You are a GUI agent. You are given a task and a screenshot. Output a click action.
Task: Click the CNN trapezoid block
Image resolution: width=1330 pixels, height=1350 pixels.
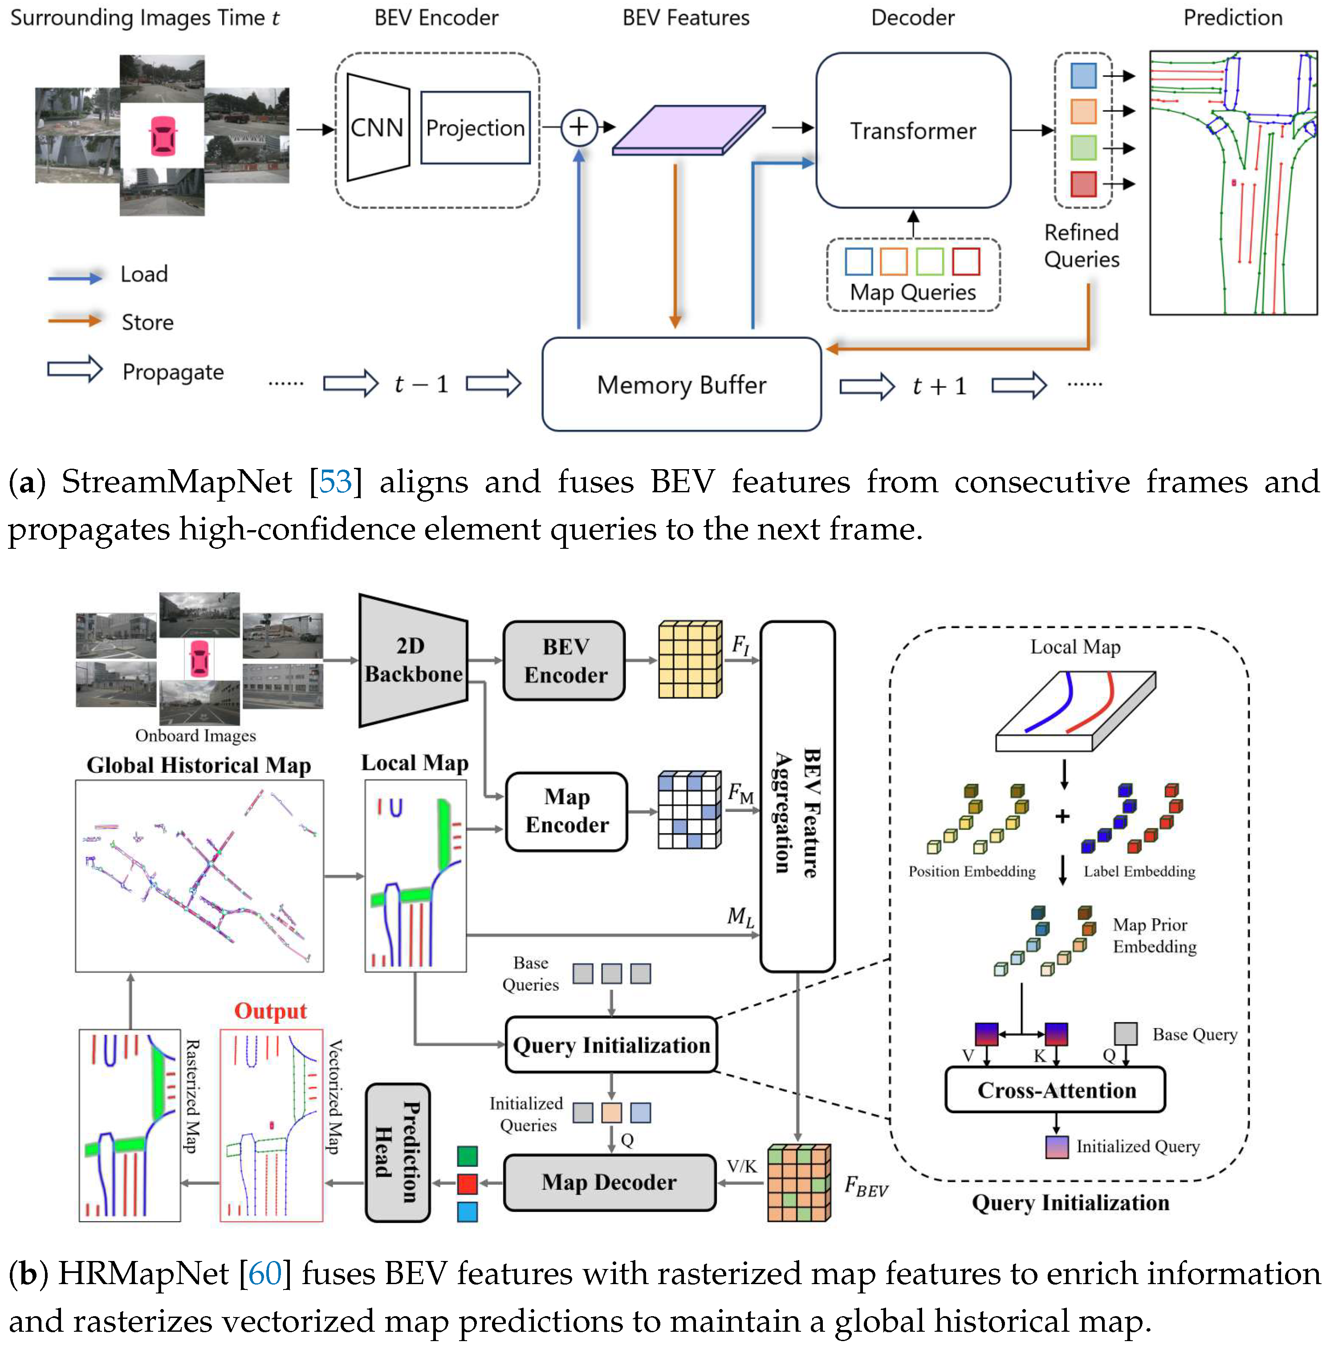[x=377, y=128]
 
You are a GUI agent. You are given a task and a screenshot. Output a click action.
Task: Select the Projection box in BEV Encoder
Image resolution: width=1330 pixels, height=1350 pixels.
[x=475, y=128]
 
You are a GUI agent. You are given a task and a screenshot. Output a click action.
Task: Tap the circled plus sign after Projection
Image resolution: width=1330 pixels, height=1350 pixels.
[x=578, y=127]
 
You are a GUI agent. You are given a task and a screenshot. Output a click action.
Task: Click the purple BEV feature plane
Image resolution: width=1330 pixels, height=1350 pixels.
[x=688, y=129]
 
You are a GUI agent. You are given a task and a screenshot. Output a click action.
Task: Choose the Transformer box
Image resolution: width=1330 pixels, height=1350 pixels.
[x=912, y=130]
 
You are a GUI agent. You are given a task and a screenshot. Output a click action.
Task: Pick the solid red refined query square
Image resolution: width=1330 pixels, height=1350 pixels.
[x=1083, y=184]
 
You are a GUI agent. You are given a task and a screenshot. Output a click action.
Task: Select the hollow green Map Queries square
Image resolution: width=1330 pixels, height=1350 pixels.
[x=930, y=261]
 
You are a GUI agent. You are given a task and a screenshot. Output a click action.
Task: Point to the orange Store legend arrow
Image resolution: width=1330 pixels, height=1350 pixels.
[x=75, y=321]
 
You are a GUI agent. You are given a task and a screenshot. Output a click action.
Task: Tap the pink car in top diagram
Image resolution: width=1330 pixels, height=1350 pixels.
[x=162, y=135]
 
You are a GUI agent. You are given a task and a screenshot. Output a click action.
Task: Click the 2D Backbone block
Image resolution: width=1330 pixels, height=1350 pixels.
[x=412, y=660]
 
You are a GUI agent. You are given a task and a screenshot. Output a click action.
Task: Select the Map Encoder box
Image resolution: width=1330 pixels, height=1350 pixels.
[x=566, y=811]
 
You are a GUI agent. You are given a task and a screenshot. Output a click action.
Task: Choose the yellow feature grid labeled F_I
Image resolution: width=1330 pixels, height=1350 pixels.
[x=689, y=659]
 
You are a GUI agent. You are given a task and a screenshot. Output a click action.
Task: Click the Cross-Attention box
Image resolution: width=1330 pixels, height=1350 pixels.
[x=1055, y=1090]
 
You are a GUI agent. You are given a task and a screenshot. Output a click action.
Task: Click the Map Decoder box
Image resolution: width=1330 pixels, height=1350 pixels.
[x=609, y=1182]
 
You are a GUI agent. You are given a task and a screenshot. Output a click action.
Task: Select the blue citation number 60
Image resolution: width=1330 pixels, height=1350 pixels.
[x=265, y=1273]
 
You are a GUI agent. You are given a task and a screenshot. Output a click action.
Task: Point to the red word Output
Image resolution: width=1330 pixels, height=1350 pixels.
[x=270, y=1010]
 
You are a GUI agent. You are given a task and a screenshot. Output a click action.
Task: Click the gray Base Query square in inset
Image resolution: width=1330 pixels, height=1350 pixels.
[x=1125, y=1033]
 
